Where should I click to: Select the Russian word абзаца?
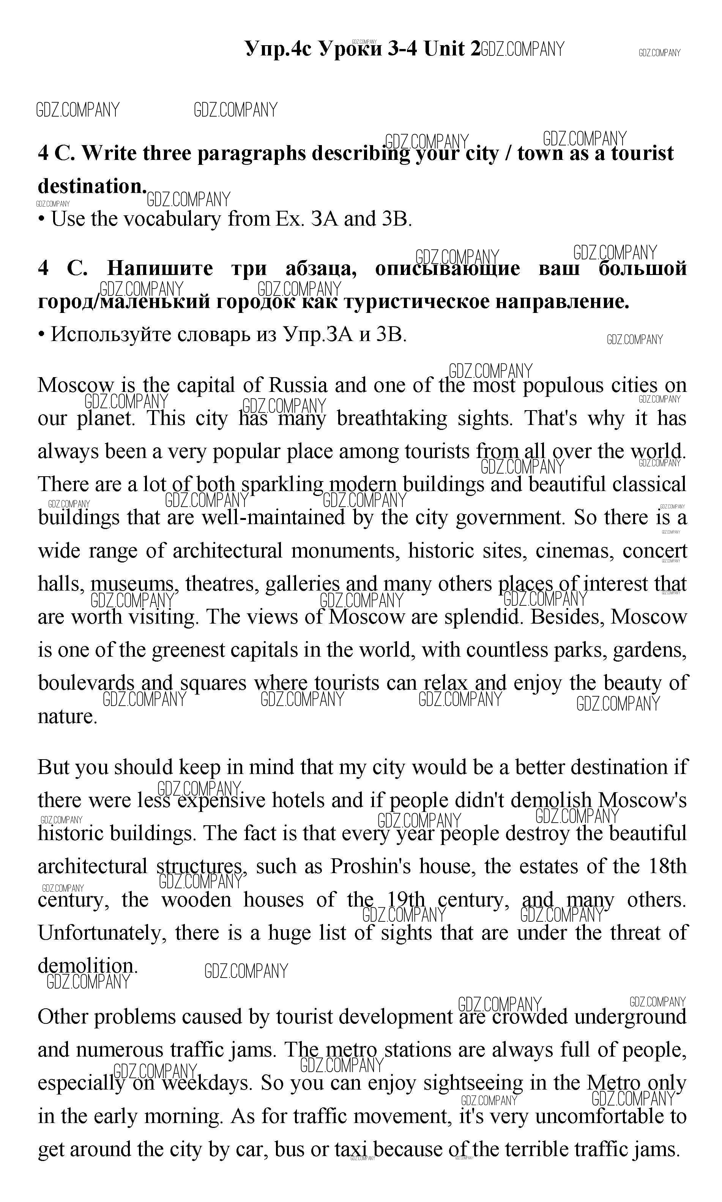pyautogui.click(x=321, y=268)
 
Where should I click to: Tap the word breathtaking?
pyautogui.click(x=392, y=419)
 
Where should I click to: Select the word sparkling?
pyautogui.click(x=282, y=485)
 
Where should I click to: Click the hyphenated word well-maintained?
pyautogui.click(x=273, y=517)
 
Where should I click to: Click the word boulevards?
pyautogui.click(x=86, y=683)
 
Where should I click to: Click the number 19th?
pyautogui.click(x=406, y=900)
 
